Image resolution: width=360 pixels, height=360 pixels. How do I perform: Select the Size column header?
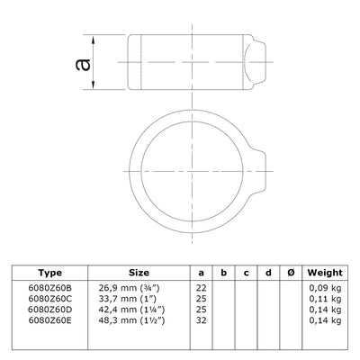139,273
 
